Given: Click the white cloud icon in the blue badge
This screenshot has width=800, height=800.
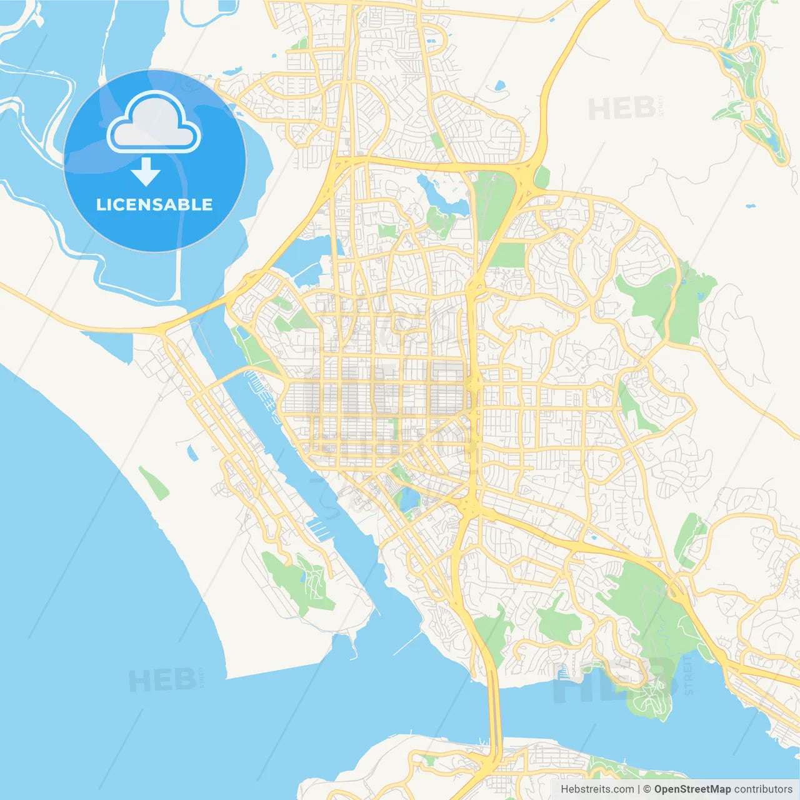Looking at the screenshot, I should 154,122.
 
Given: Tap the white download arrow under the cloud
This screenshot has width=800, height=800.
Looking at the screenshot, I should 146,172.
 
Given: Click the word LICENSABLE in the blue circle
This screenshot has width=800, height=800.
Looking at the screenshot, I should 154,204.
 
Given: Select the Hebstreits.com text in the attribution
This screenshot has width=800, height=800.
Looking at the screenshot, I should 597,789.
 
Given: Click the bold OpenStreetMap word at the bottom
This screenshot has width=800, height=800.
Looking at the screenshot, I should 692,789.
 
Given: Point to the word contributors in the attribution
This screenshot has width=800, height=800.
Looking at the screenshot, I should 763,789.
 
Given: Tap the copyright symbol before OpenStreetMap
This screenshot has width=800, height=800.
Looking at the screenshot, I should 647,789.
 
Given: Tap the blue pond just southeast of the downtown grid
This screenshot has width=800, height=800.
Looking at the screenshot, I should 409,500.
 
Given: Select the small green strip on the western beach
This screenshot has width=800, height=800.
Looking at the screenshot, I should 153,482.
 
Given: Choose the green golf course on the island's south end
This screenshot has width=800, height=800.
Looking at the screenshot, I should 300,581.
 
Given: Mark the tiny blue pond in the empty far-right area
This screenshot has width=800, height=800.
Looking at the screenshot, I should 750,206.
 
